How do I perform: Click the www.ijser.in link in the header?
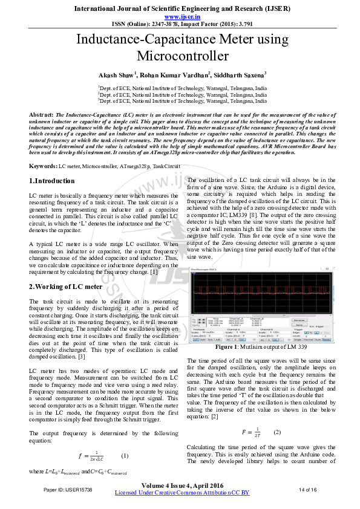180,18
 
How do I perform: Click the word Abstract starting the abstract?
41,114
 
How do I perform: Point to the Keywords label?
43,165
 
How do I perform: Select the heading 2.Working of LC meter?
66,287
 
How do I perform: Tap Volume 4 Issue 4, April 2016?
182,484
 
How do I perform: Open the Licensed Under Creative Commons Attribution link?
182,493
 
